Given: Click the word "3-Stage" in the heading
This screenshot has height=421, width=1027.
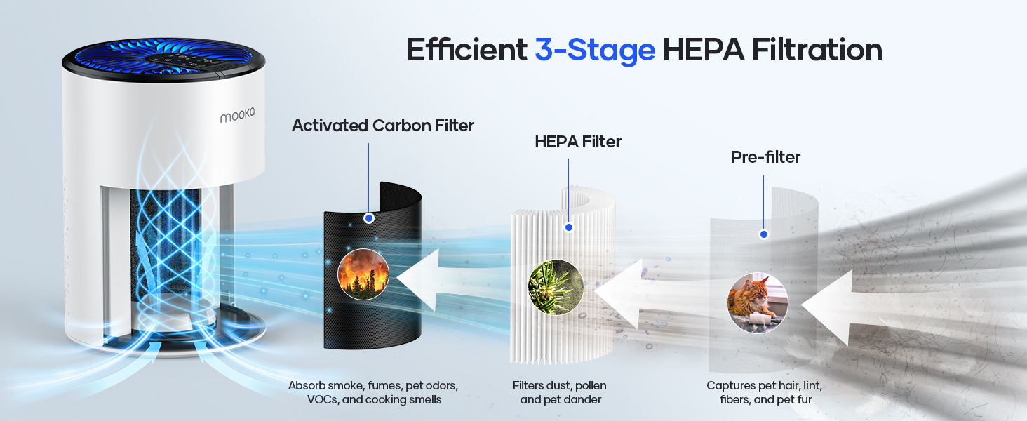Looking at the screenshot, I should [595, 51].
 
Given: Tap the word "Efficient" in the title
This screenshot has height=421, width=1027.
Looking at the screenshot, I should [466, 51].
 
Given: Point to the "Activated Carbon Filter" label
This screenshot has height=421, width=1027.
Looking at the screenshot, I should [383, 126].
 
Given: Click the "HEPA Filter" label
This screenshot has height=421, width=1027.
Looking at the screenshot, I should [578, 142].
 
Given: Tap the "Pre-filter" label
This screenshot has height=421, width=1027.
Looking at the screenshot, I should [765, 158].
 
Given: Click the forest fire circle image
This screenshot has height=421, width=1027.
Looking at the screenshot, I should [363, 274].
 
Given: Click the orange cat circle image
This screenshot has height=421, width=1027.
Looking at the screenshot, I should [758, 302].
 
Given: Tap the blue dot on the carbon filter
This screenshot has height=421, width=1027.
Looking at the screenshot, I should [369, 218].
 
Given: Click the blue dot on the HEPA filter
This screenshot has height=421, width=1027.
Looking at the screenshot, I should [569, 227].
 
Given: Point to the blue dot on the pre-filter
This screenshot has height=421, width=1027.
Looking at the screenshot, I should [763, 234].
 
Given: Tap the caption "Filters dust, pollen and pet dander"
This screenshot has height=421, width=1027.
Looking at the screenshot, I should [559, 393].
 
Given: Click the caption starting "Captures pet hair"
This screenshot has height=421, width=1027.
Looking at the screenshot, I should [764, 393].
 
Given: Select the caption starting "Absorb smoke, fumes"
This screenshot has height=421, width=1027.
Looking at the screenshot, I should [373, 393].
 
